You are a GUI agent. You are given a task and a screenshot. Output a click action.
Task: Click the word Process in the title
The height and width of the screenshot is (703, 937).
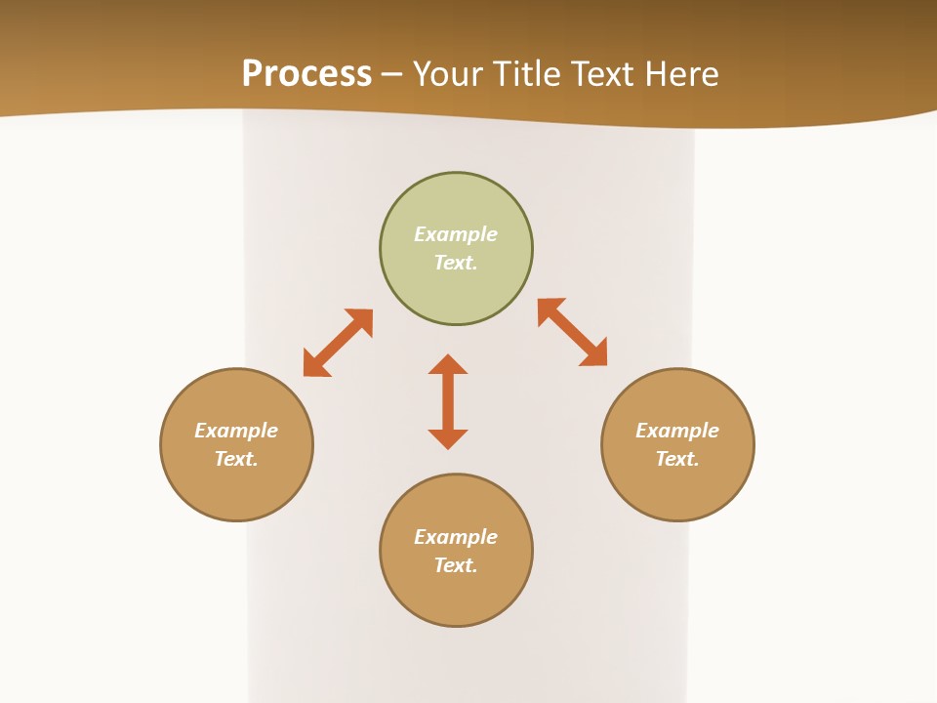pos(306,74)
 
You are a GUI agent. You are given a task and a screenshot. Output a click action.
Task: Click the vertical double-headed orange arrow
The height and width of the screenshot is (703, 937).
pos(448,401)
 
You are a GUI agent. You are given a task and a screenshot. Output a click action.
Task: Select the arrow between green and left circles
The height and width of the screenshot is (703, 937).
pos(338,343)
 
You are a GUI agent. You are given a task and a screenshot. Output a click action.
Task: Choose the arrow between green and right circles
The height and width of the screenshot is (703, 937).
pos(573,332)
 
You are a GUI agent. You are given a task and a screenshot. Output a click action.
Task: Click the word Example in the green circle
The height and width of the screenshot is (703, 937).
pos(456,234)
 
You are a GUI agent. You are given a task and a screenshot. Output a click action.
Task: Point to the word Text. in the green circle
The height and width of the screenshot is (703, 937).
pos(456,263)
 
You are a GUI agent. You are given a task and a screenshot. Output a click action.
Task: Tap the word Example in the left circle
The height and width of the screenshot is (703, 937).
pos(236,431)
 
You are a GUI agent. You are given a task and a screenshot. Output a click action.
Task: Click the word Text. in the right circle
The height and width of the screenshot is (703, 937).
pos(677,459)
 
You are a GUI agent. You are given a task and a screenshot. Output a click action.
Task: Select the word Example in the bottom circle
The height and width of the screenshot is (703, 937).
pos(456,537)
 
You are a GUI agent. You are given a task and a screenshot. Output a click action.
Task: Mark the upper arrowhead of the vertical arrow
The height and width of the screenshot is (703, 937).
pos(448,364)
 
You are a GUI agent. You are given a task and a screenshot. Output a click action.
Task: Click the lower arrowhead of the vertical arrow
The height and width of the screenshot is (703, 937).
pos(448,438)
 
